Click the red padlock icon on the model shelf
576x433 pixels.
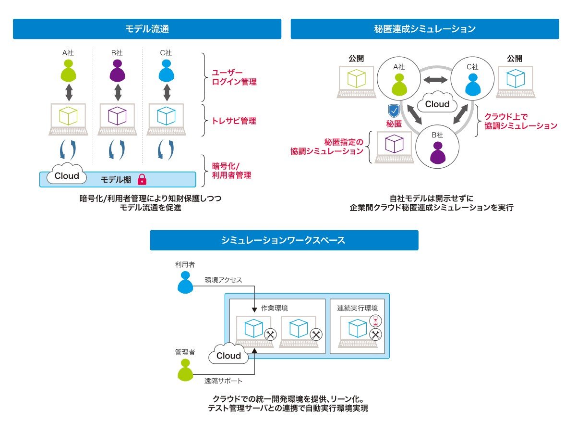142,180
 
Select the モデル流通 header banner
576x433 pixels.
147,29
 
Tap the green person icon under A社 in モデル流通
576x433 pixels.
68,71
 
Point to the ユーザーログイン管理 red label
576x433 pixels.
234,77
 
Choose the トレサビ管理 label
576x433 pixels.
234,121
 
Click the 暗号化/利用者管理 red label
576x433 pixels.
231,171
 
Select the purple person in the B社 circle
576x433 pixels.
437,153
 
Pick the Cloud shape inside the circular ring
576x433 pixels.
437,103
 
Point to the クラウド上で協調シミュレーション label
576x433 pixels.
520,121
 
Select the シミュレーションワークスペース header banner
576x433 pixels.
284,240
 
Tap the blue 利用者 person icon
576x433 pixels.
184,282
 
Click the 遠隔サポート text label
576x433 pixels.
223,381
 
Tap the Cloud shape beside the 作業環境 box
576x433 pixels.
228,355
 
